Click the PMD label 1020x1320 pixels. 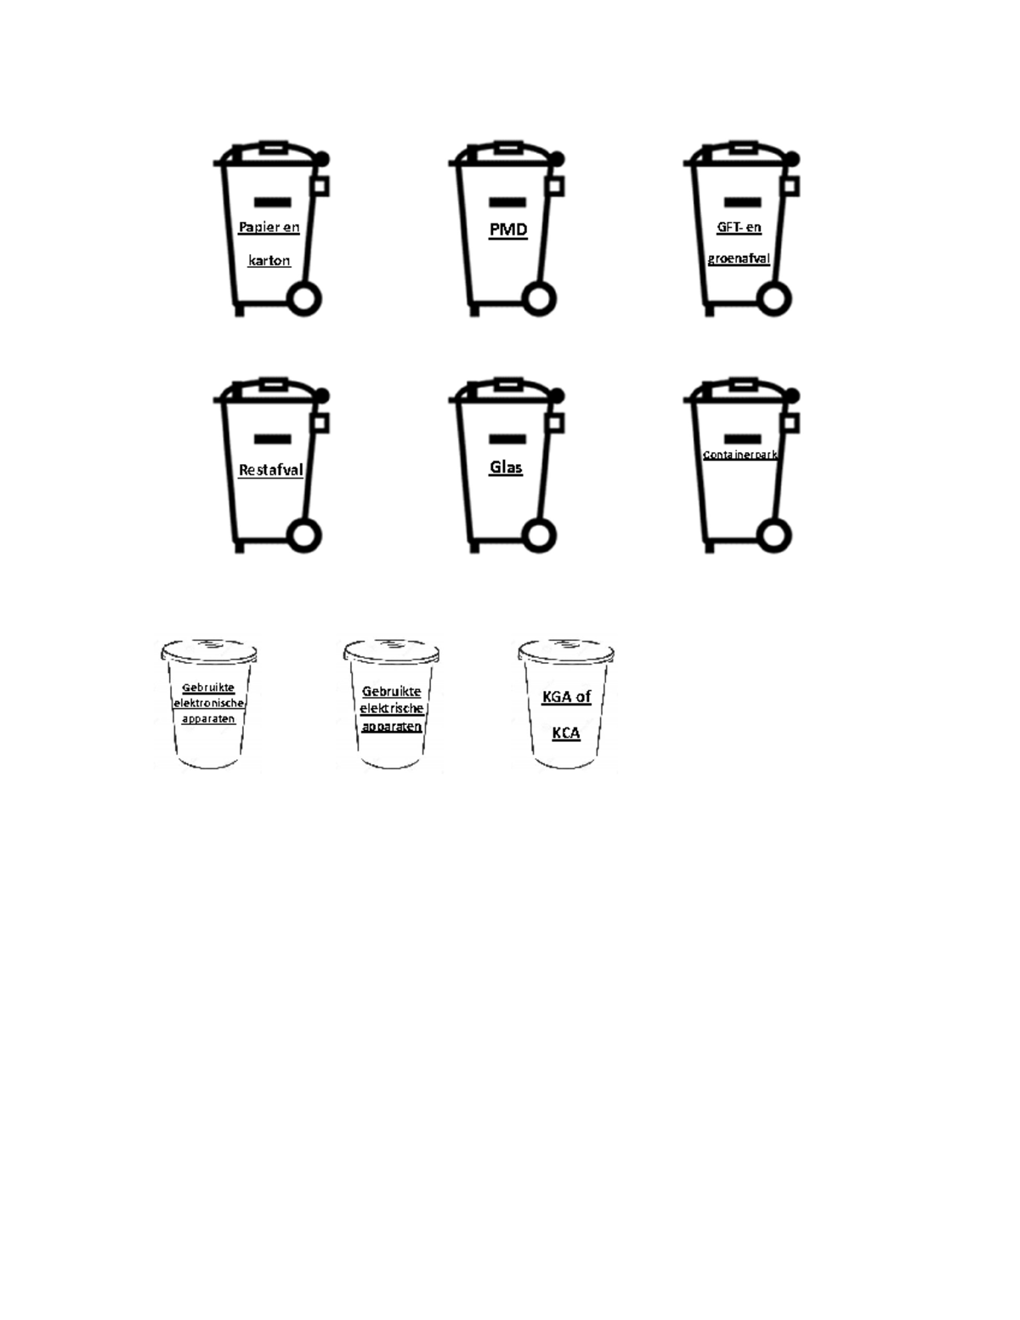pyautogui.click(x=507, y=229)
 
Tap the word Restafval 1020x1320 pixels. pyautogui.click(x=270, y=470)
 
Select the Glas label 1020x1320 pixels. pyautogui.click(x=506, y=467)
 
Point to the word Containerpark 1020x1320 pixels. pyautogui.click(x=740, y=455)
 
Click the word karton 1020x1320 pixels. pyautogui.click(x=269, y=261)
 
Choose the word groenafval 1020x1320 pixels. pyautogui.click(x=739, y=258)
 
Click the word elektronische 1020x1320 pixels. pyautogui.click(x=208, y=703)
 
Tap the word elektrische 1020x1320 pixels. pyautogui.click(x=391, y=708)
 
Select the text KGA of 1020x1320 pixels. pyautogui.click(x=566, y=697)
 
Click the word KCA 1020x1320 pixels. pyautogui.click(x=566, y=734)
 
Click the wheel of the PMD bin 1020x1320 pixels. pyautogui.click(x=539, y=299)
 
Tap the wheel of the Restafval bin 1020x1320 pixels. pyautogui.click(x=303, y=535)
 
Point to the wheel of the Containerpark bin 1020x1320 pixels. pyautogui.click(x=774, y=535)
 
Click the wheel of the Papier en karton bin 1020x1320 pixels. pyautogui.click(x=303, y=299)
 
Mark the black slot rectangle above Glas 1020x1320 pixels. pyautogui.click(x=507, y=439)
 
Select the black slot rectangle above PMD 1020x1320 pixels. pyautogui.click(x=507, y=202)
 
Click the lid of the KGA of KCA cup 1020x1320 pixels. pyautogui.click(x=566, y=650)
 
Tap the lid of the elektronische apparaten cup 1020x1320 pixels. pyautogui.click(x=209, y=650)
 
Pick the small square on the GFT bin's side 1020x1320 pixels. pyautogui.click(x=790, y=186)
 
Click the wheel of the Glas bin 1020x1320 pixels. pyautogui.click(x=539, y=535)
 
